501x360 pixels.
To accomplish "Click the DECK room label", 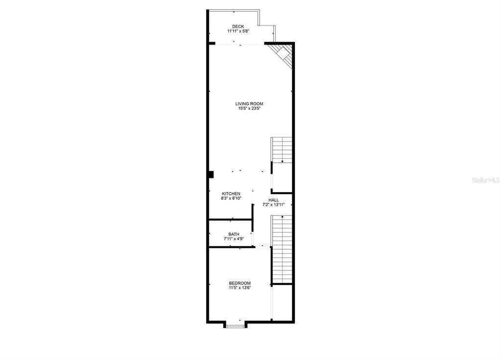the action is [238, 26].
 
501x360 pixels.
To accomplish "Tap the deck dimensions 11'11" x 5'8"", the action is [238, 31].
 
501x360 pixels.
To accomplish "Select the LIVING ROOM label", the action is [249, 104].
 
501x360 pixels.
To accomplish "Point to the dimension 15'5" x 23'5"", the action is [249, 109].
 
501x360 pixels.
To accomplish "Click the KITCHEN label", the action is [231, 193].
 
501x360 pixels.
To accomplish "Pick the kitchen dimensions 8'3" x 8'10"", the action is [231, 198].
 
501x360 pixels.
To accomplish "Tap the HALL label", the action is [273, 200].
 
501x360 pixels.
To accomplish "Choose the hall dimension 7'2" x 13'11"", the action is [273, 205].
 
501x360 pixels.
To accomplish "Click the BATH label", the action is [234, 234].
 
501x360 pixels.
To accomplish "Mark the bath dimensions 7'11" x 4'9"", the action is [234, 239].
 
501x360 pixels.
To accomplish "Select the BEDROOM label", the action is [239, 283].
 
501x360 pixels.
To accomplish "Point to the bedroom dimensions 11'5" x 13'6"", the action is [239, 288].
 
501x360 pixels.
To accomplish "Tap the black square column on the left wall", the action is [211, 174].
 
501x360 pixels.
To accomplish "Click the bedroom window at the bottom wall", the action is [236, 326].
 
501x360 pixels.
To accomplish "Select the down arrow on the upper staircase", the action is [282, 161].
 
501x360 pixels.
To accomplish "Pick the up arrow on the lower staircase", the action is [282, 217].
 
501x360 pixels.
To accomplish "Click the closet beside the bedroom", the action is [282, 302].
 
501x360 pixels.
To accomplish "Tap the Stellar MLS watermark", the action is [486, 180].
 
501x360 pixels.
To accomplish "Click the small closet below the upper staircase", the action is [282, 178].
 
